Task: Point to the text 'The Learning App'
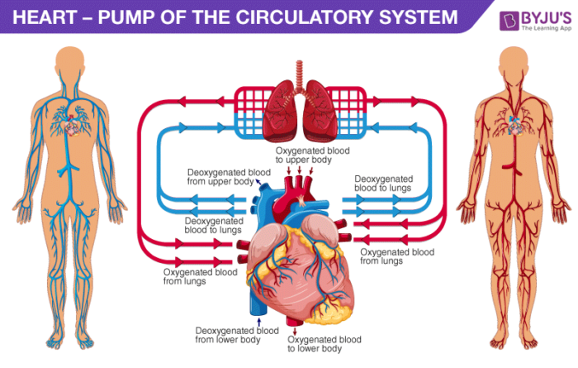coord(543,26)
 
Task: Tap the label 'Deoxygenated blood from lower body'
coord(229,334)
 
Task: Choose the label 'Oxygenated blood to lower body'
coord(324,344)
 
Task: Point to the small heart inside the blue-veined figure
coord(74,127)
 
